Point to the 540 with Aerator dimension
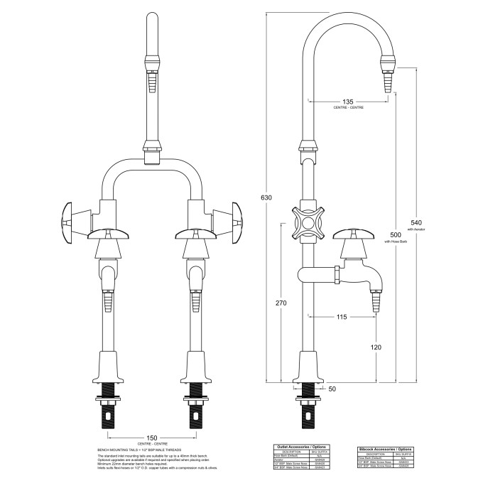pos(416,223)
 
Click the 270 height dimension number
pos(281,303)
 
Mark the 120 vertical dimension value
pos(374,347)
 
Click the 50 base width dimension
pos(332,389)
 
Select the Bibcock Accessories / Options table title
pos(384,449)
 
